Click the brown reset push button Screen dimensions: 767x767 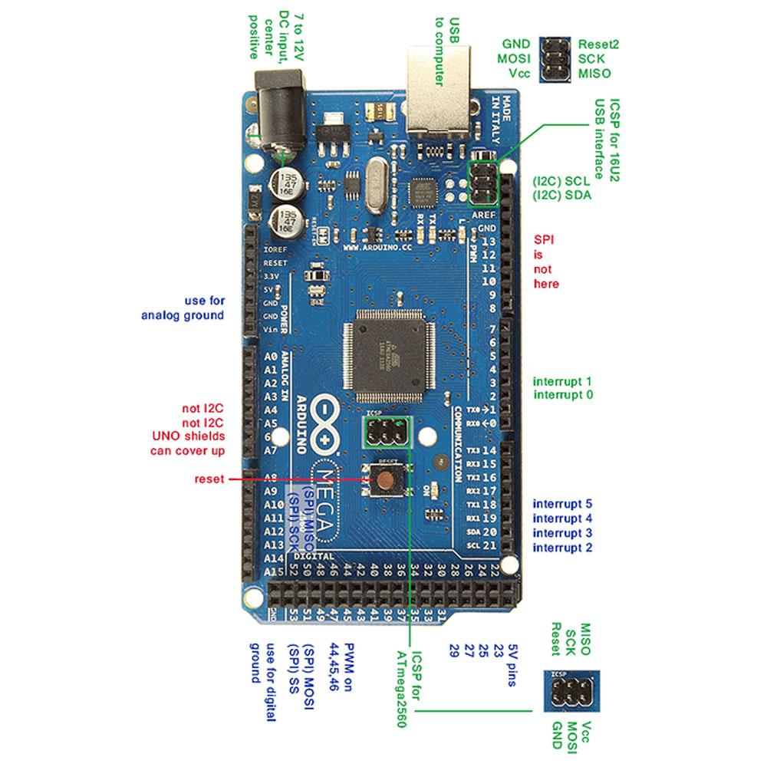[385, 480]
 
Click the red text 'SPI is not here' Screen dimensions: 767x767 [545, 262]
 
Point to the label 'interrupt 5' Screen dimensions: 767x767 [562, 504]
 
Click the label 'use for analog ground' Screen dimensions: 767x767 [183, 308]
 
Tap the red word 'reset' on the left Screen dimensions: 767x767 [209, 479]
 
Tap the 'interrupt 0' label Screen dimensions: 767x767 [562, 395]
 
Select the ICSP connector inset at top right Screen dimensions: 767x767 [554, 59]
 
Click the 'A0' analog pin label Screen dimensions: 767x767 [270, 357]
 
